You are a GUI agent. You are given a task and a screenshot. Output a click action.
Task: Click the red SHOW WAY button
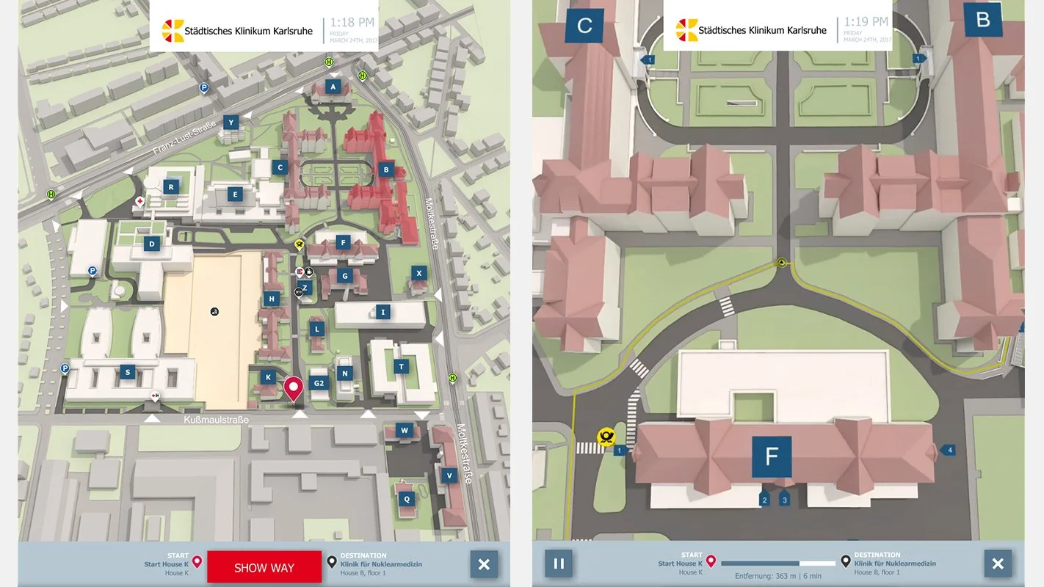tap(264, 567)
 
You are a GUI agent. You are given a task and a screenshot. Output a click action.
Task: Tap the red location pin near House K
tap(294, 387)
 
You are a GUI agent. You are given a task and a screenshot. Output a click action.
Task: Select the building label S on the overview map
tap(128, 373)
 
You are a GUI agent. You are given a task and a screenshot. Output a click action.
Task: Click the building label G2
tap(319, 383)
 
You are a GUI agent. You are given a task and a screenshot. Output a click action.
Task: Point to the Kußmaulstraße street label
tap(217, 420)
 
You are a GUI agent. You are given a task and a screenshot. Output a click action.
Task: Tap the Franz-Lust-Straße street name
tap(184, 139)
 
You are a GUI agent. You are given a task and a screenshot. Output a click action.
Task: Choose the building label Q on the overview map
tap(405, 499)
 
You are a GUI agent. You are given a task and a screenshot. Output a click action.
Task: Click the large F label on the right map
tap(772, 456)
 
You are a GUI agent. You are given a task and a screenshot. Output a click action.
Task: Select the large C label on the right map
tap(584, 26)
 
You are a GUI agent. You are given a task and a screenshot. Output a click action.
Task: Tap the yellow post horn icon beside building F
tap(606, 438)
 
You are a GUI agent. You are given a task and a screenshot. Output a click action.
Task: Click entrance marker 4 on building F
tap(948, 450)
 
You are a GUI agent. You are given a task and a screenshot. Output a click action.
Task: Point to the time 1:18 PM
tap(352, 23)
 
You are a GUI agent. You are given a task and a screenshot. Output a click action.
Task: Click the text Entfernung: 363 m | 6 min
tap(778, 577)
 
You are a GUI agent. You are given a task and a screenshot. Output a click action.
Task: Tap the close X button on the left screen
tap(484, 564)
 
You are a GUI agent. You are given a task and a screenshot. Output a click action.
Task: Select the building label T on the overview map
tap(401, 367)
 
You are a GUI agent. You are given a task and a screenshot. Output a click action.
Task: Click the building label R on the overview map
tap(171, 187)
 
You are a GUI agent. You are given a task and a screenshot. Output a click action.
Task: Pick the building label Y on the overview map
tap(231, 123)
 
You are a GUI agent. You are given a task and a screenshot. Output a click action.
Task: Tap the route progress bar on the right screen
tap(778, 564)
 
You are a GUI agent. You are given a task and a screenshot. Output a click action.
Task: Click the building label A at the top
tap(333, 87)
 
